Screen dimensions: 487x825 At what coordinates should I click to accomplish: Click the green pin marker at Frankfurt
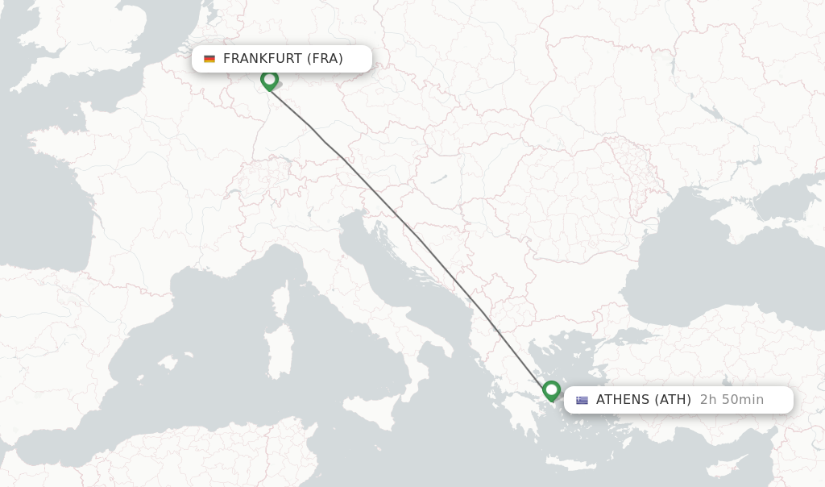[x=269, y=80]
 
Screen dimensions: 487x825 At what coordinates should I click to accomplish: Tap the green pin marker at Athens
[x=551, y=390]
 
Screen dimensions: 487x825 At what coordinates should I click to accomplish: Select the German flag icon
[x=209, y=59]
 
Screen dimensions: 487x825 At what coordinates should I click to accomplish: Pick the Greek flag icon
[x=582, y=400]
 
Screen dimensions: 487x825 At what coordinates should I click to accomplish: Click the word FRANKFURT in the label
[x=263, y=58]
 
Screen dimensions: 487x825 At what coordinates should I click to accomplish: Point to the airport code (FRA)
[x=325, y=58]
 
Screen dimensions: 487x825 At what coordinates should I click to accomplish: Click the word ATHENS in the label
[x=623, y=399]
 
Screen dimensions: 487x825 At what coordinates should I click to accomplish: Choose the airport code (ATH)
[x=673, y=399]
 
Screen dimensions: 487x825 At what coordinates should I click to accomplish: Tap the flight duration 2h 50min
[x=732, y=399]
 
